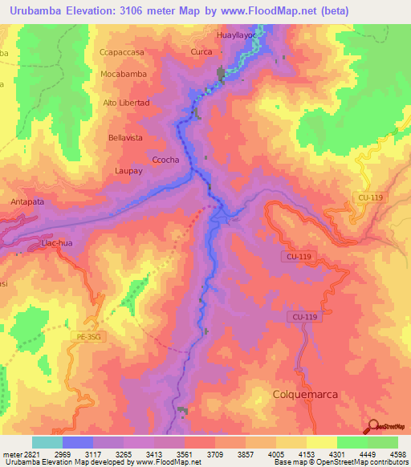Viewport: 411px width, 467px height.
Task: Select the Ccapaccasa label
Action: [x=122, y=52]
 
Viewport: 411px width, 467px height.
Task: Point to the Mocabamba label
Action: [x=124, y=74]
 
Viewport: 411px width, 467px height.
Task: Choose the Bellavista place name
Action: [x=125, y=138]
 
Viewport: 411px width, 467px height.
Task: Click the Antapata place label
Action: [x=29, y=202]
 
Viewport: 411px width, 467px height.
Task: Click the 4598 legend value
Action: [x=398, y=453]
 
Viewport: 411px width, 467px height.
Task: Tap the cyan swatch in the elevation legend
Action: [x=47, y=442]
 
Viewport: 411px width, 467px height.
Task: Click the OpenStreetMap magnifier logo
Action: [x=372, y=428]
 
